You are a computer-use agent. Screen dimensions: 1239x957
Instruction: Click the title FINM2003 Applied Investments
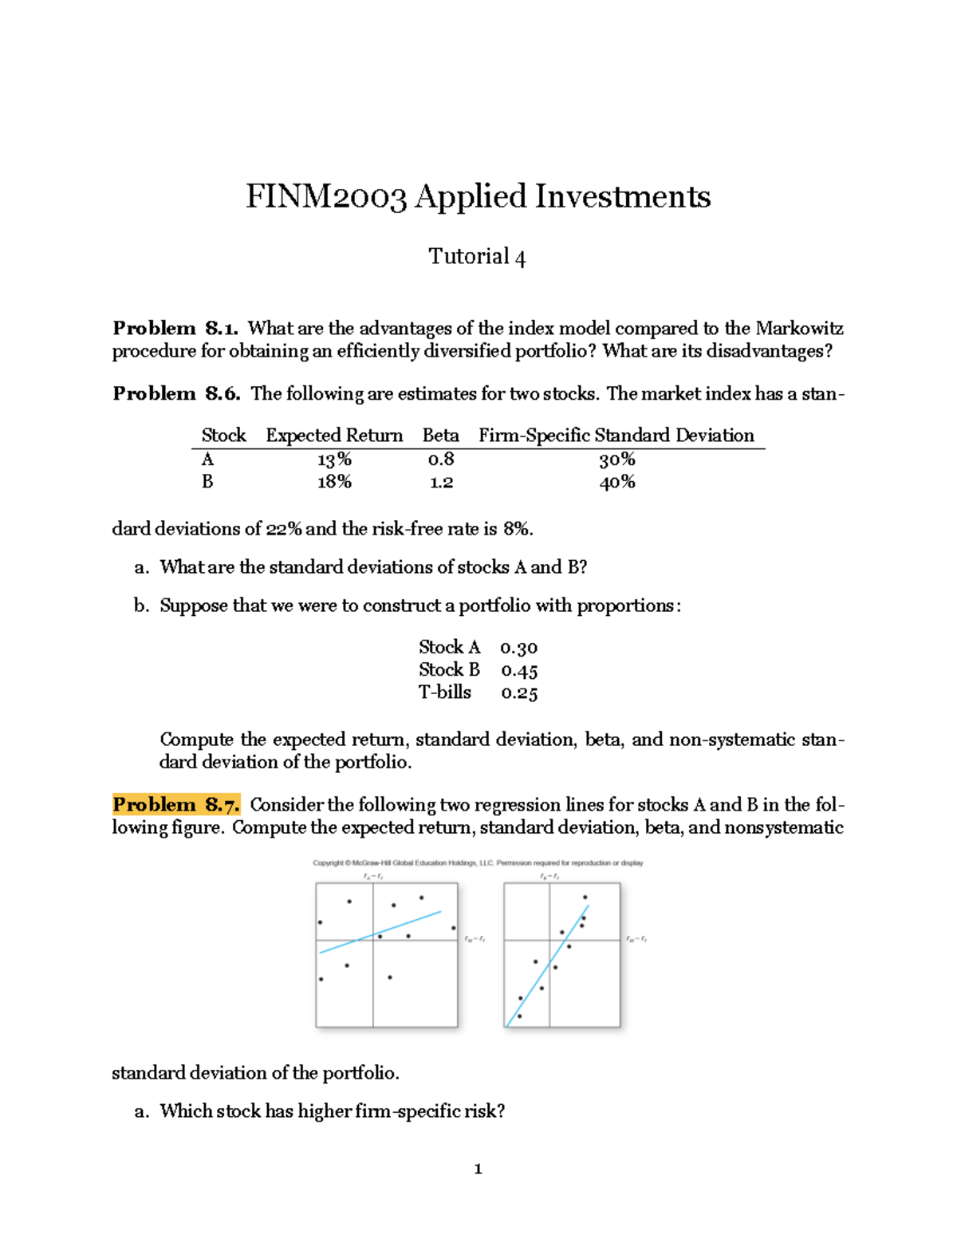(x=478, y=196)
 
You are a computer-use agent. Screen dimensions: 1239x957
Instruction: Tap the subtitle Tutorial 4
(x=477, y=256)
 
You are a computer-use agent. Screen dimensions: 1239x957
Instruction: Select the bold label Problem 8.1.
(x=175, y=328)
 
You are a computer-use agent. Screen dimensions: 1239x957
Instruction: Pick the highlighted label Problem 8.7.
(x=175, y=804)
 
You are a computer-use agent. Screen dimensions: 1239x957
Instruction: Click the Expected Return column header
(x=334, y=435)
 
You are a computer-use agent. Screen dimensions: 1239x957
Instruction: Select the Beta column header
(x=440, y=435)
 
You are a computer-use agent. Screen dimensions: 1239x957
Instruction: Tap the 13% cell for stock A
(x=334, y=460)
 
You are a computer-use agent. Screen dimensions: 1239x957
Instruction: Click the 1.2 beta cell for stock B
(x=440, y=482)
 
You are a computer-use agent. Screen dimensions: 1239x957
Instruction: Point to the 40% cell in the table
(x=616, y=482)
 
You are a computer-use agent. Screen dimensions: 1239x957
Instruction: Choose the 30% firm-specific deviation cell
(x=616, y=460)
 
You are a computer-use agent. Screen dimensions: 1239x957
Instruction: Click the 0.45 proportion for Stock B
(x=519, y=670)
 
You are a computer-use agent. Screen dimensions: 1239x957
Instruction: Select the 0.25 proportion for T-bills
(x=519, y=692)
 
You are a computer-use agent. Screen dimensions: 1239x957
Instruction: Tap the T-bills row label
(x=445, y=692)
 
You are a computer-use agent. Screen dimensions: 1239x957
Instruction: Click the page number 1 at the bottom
(x=478, y=1169)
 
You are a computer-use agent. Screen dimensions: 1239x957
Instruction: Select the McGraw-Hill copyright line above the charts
(x=478, y=862)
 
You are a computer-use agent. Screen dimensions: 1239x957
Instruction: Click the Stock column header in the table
(x=223, y=435)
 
